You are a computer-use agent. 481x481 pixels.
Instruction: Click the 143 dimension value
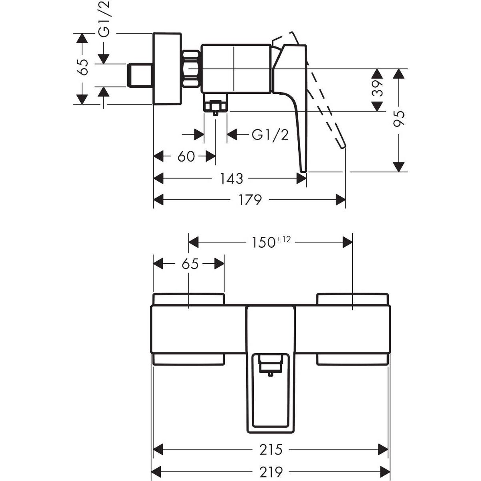[232, 178]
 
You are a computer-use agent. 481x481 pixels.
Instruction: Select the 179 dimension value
[251, 199]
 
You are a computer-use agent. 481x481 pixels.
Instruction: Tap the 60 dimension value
[186, 156]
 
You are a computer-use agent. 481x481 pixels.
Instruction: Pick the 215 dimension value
[271, 449]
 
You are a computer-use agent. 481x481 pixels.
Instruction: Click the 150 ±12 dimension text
[271, 242]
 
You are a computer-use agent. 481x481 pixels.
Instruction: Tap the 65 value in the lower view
[190, 264]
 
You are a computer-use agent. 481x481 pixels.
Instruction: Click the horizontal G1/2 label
[270, 135]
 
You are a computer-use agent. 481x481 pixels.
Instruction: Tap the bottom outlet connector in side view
[215, 105]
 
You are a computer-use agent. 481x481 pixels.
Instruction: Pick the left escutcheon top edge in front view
[189, 295]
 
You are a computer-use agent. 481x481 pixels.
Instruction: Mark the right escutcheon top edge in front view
[352, 295]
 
